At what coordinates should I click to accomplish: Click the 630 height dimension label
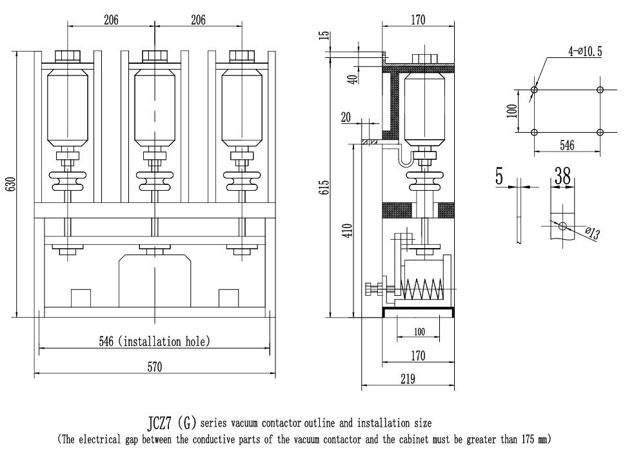(x=12, y=184)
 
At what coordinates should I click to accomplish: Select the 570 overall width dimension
(x=155, y=367)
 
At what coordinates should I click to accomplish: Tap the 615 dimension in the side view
(x=325, y=187)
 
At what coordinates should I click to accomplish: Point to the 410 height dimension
(x=348, y=231)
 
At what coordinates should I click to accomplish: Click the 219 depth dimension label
(x=408, y=378)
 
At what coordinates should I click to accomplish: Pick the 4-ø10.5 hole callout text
(x=585, y=52)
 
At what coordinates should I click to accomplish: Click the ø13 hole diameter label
(x=593, y=233)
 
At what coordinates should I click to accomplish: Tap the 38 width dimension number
(x=562, y=175)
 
